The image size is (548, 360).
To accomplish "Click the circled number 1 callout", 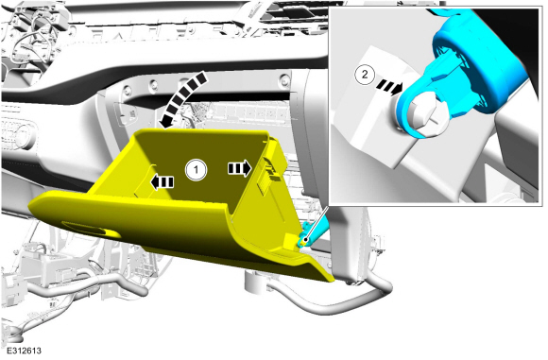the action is click(x=197, y=170).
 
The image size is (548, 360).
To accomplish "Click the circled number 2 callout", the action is click(x=365, y=75).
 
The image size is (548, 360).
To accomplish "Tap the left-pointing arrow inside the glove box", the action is click(x=162, y=182).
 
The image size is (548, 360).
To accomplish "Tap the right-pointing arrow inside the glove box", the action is click(x=240, y=168).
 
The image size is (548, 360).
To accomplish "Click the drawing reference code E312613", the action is click(x=24, y=351).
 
